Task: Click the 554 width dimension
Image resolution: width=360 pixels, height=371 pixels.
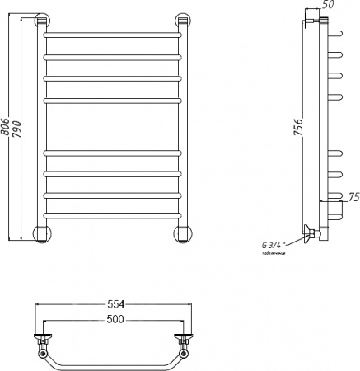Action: pyautogui.click(x=110, y=303)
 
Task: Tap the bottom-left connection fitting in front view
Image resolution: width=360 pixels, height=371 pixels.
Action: pyautogui.click(x=40, y=233)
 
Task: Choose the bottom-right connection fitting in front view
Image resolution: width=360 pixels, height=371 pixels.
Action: pyautogui.click(x=180, y=233)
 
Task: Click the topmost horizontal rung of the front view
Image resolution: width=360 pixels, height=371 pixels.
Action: pyautogui.click(x=111, y=36)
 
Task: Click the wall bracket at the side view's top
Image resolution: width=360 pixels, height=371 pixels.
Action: pyautogui.click(x=312, y=21)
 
